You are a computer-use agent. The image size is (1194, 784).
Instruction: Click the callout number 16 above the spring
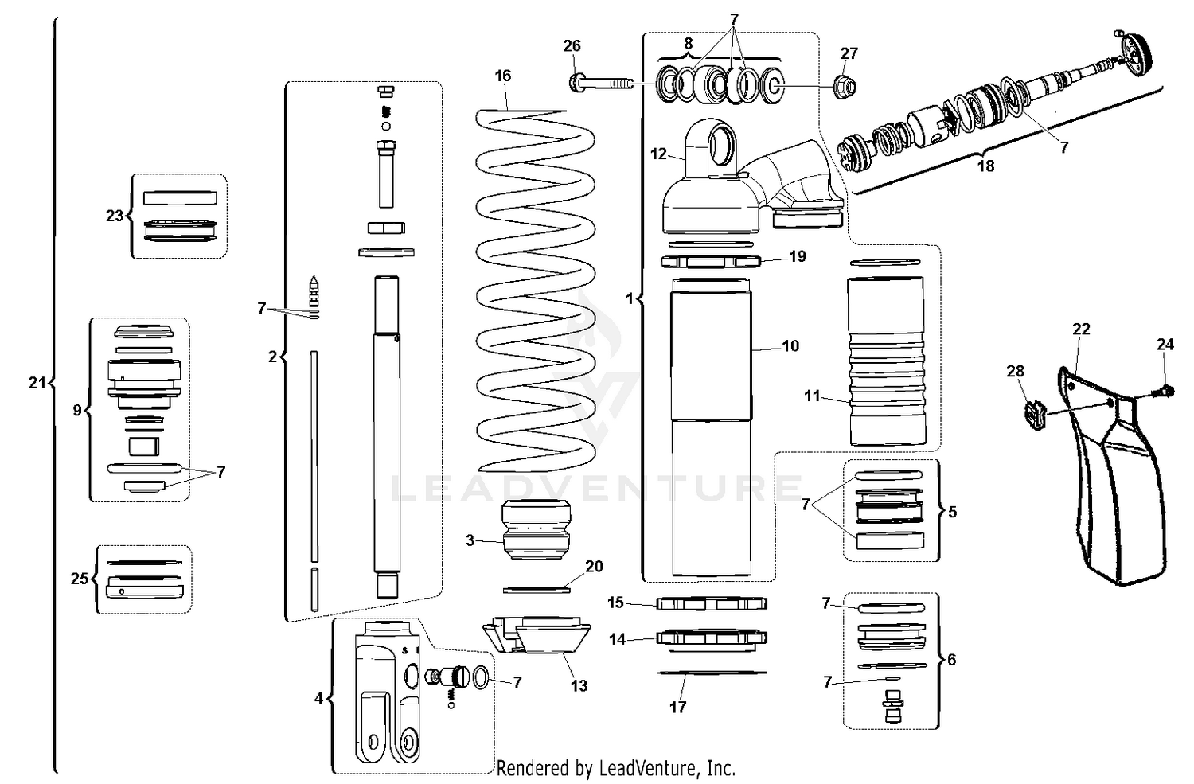coord(502,76)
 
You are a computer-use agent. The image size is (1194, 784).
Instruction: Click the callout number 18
coord(985,166)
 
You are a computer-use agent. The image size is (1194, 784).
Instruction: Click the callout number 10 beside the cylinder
coord(790,345)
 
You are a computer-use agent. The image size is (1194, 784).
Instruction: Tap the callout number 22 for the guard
coord(1080,329)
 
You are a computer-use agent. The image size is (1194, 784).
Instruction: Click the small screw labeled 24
coord(1166,390)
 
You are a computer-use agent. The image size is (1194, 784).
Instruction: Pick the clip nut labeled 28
coord(1032,412)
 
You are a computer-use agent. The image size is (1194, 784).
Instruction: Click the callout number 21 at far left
coord(37,383)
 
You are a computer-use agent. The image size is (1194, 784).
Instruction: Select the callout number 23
coord(115,216)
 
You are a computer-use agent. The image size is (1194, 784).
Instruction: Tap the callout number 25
coord(79,579)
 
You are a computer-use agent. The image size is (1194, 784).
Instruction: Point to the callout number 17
coord(677,707)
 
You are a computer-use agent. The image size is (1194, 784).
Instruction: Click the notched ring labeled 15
coord(712,603)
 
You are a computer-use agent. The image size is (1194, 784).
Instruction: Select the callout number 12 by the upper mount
coord(658,154)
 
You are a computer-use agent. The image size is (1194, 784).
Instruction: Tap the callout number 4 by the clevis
coord(318,698)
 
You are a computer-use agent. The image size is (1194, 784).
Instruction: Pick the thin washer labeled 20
coord(537,590)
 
